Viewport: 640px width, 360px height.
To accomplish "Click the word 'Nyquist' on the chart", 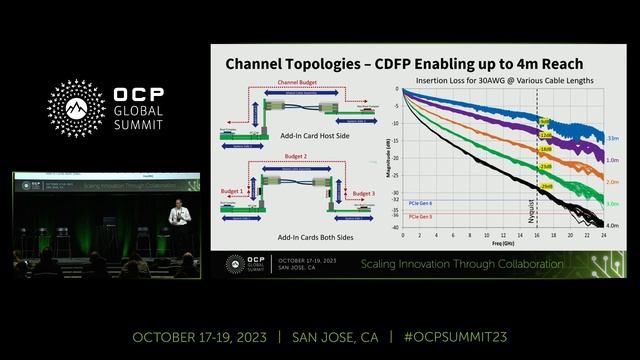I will (x=529, y=211).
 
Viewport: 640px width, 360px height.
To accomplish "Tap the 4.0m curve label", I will (x=612, y=225).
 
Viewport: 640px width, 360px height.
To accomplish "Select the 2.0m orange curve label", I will (x=612, y=182).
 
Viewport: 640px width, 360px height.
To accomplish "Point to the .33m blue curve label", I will (x=612, y=137).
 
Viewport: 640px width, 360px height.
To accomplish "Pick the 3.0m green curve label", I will (x=612, y=204).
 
